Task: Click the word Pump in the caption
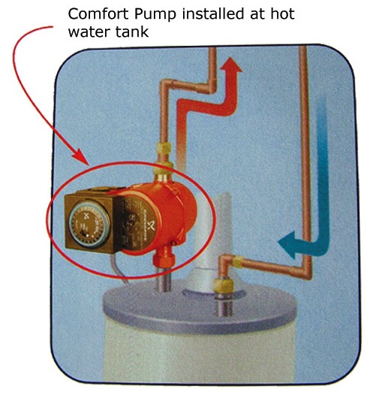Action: (155, 15)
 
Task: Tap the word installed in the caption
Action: (213, 14)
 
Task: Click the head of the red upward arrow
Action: (231, 65)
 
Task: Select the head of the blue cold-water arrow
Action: (287, 245)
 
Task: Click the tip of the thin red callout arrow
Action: (89, 165)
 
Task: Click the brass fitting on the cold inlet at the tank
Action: (224, 285)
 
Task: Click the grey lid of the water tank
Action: (199, 307)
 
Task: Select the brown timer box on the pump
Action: (92, 222)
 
